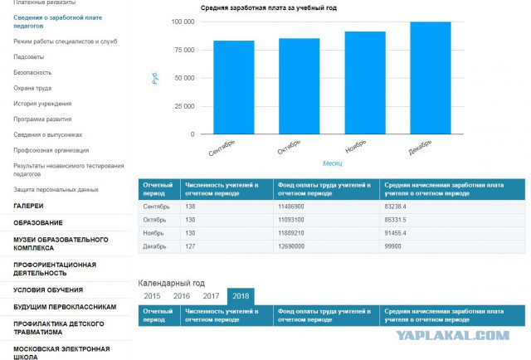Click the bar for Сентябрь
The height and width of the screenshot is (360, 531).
point(234,87)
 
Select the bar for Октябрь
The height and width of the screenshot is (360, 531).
point(299,86)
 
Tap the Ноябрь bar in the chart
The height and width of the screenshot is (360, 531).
point(365,83)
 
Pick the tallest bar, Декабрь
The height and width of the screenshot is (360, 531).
point(431,78)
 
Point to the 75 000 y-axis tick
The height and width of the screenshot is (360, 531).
point(184,50)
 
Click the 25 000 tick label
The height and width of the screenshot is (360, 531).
point(184,106)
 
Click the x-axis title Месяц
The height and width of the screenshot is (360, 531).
point(332,163)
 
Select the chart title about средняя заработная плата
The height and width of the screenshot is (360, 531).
point(269,7)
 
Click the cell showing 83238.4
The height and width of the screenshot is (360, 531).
point(395,207)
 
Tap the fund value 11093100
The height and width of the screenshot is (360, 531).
point(291,220)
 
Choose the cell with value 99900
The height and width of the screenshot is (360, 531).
point(392,246)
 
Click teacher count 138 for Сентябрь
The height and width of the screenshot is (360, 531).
point(190,207)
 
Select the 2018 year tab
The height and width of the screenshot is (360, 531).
point(241,296)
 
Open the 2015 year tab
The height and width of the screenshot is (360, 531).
point(152,296)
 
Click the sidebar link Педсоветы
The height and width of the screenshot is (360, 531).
point(29,57)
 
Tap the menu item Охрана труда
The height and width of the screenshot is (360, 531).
point(32,88)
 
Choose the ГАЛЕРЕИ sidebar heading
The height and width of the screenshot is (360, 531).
point(28,206)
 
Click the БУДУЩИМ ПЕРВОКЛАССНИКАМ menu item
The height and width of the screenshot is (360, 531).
point(65,307)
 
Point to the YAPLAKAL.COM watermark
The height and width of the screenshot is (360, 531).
point(452,335)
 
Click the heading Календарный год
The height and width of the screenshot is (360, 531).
point(172,283)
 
